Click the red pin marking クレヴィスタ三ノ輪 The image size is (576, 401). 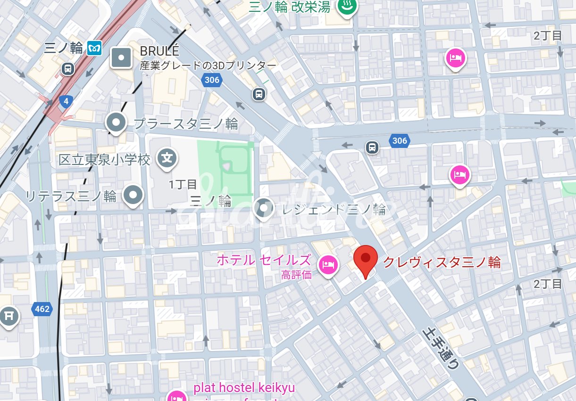click(x=366, y=259)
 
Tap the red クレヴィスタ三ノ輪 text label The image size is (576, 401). click(x=441, y=262)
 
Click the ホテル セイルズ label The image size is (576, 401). click(x=264, y=260)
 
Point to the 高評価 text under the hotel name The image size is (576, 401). click(x=296, y=275)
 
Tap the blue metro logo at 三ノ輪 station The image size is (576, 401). click(x=95, y=48)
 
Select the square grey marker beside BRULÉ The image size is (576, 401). click(x=121, y=58)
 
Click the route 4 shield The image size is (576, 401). click(x=65, y=101)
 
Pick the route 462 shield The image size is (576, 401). click(x=42, y=309)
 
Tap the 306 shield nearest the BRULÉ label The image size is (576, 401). click(x=212, y=80)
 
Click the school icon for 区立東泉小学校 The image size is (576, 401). click(x=167, y=158)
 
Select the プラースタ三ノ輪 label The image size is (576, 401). click(x=186, y=124)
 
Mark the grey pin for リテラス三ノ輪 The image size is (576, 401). click(x=133, y=194)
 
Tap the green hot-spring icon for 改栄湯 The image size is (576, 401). click(x=347, y=7)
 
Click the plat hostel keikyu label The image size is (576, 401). click(x=244, y=388)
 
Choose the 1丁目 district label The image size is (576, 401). click(x=183, y=184)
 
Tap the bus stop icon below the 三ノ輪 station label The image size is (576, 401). click(x=68, y=69)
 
